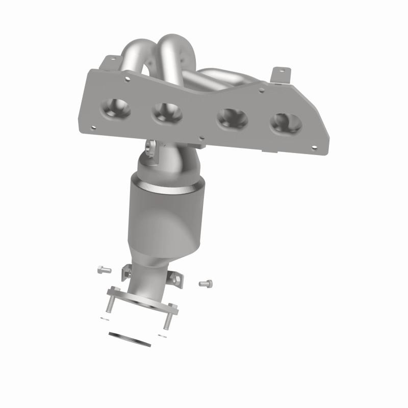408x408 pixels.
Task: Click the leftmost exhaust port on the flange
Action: [116, 108]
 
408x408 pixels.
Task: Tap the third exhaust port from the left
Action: [232, 120]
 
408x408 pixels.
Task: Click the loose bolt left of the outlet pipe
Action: [104, 269]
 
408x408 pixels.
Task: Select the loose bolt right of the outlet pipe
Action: [205, 282]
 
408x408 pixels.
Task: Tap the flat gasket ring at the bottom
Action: [130, 339]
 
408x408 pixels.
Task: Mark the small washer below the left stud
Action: [104, 318]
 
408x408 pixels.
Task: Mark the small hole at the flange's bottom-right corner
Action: [314, 148]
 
